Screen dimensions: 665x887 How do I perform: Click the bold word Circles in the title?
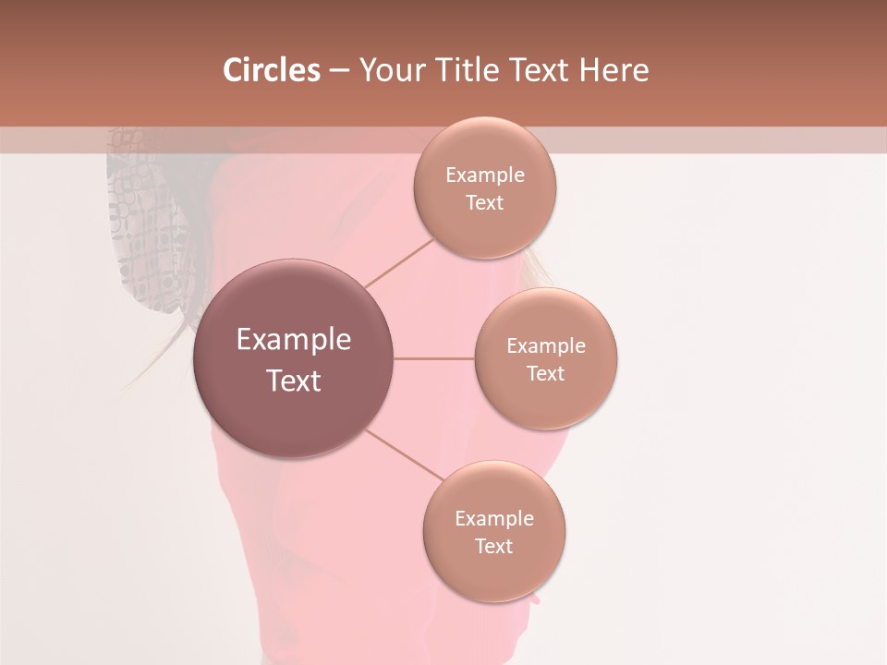[x=272, y=70]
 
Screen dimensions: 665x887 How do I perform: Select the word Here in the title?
[x=614, y=70]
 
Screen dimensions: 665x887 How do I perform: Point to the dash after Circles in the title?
[x=339, y=71]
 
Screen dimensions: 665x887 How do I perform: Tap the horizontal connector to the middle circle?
[x=433, y=358]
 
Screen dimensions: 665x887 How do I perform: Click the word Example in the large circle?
[x=294, y=340]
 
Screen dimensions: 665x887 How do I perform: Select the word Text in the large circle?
[x=294, y=381]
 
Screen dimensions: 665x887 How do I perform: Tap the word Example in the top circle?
[x=485, y=175]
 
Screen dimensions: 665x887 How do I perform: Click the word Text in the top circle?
[x=484, y=203]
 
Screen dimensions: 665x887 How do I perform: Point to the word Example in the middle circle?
[x=546, y=346]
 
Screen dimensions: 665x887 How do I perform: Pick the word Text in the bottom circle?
[x=493, y=546]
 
